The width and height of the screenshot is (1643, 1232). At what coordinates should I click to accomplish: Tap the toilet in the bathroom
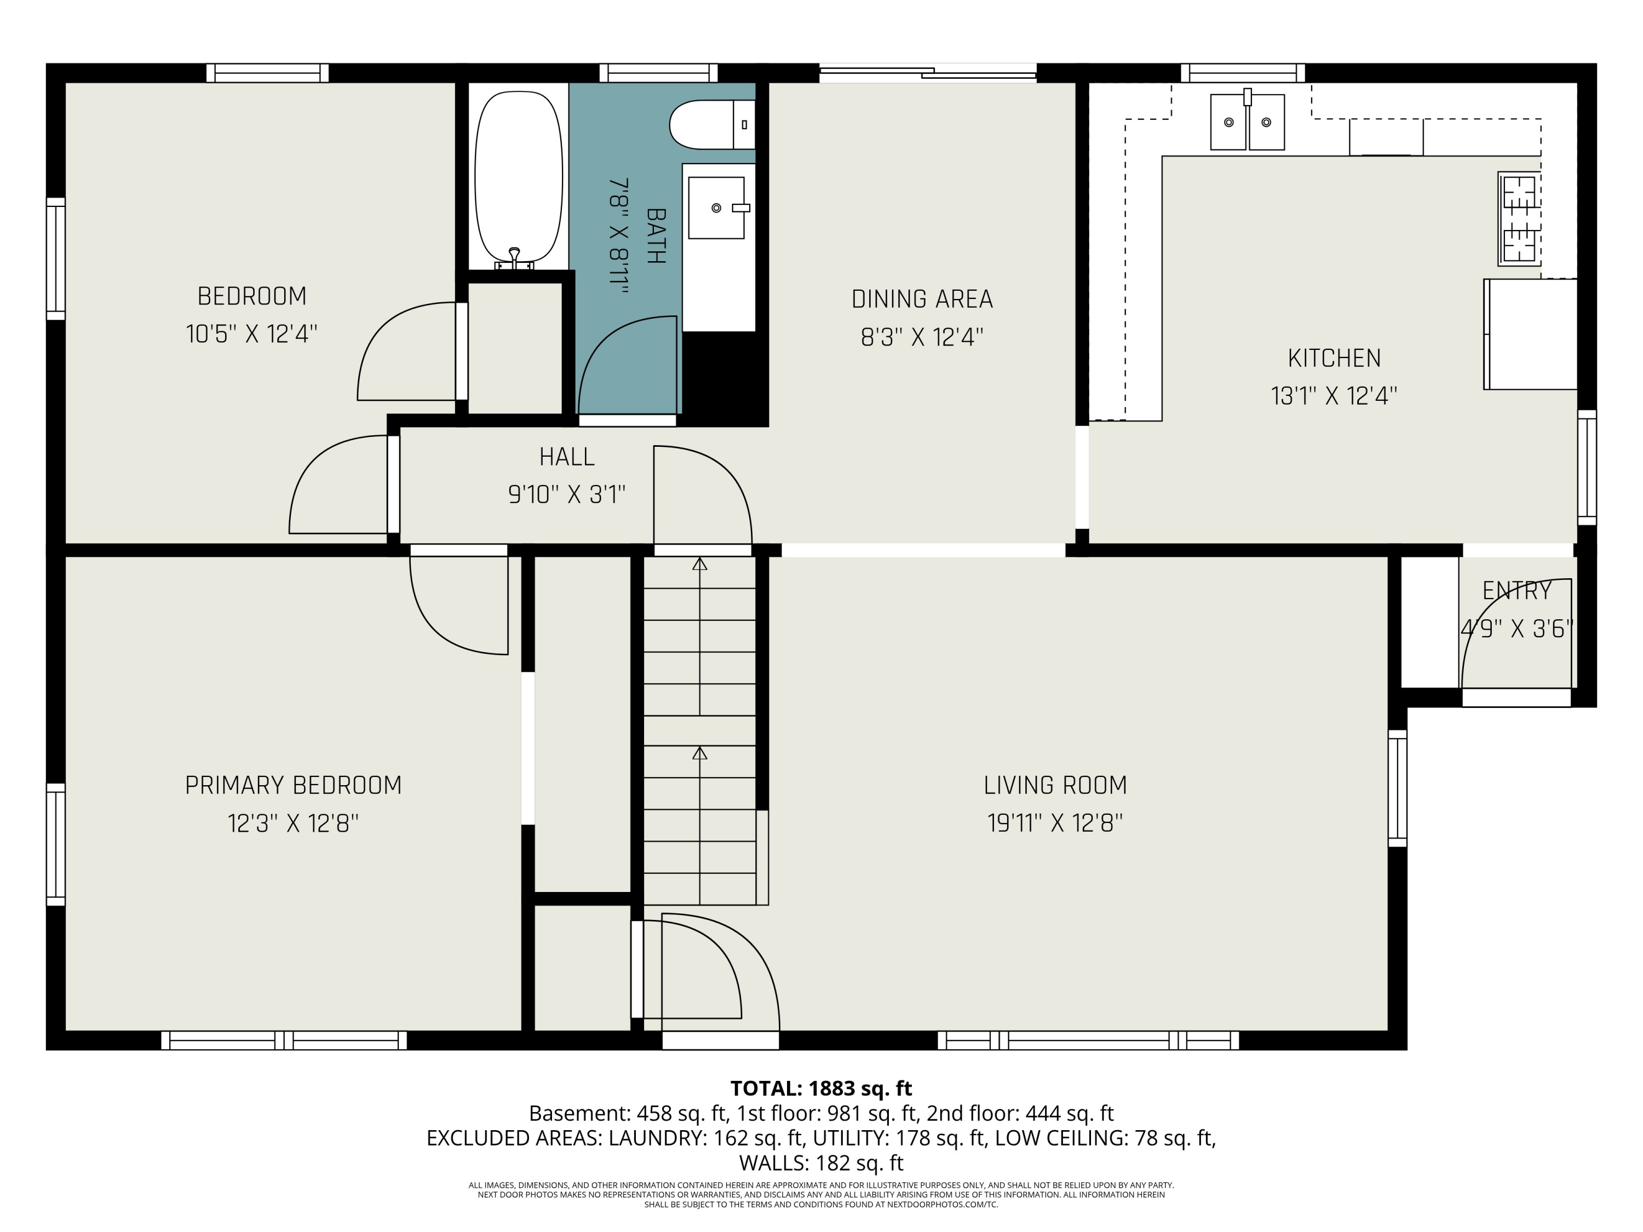(x=711, y=125)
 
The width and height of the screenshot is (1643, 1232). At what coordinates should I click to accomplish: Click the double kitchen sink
(x=1247, y=121)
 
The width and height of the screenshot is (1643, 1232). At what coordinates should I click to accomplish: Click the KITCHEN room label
(x=1334, y=358)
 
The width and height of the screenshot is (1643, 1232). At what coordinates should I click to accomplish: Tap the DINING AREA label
(x=922, y=300)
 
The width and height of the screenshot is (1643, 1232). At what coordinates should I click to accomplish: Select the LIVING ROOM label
(x=1055, y=785)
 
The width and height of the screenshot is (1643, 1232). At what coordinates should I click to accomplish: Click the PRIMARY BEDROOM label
(x=294, y=785)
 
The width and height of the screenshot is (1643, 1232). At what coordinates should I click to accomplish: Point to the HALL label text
(x=567, y=457)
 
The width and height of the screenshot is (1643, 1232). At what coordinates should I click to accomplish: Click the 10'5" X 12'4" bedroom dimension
(x=252, y=334)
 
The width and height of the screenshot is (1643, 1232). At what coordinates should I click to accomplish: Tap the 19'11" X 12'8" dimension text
(x=1055, y=824)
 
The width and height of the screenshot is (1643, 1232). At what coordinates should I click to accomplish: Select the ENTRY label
(x=1516, y=591)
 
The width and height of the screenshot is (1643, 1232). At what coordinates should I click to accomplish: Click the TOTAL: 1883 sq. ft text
(x=821, y=1089)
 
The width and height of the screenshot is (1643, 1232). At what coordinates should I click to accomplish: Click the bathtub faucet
(x=514, y=258)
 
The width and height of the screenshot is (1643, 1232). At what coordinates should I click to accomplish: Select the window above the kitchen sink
(x=1243, y=73)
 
